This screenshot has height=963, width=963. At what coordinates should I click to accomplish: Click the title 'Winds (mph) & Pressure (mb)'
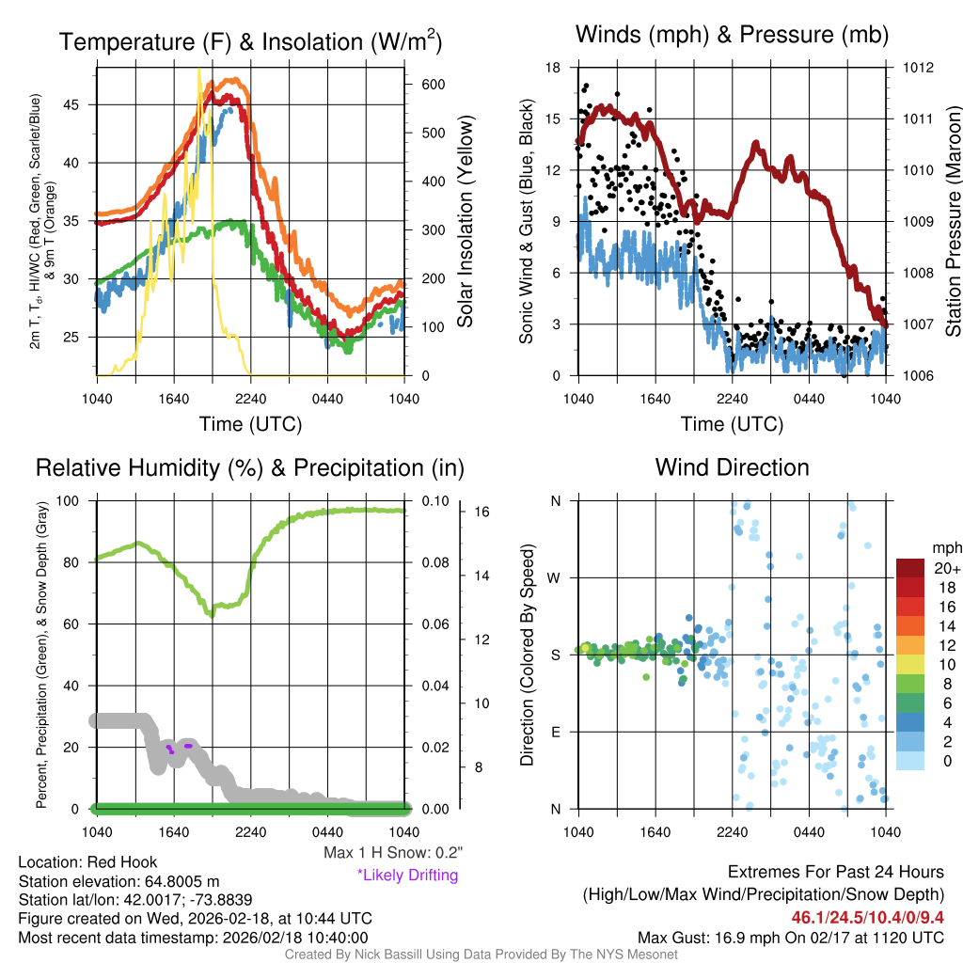[732, 36]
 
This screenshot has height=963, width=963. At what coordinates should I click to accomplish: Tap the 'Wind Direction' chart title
[732, 467]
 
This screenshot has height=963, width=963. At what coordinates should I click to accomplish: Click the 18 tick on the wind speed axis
[553, 68]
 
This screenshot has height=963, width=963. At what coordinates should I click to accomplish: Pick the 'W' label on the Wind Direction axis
[554, 577]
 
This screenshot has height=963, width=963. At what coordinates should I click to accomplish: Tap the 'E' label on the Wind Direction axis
[555, 732]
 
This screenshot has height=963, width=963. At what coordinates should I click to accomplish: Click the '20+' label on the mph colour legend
[947, 569]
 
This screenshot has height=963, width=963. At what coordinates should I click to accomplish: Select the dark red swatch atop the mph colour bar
[911, 568]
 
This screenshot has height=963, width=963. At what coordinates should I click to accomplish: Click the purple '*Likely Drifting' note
[407, 876]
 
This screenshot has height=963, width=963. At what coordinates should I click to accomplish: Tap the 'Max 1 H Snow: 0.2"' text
[393, 853]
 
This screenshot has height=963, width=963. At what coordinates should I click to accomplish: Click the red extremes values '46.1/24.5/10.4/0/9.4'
[867, 917]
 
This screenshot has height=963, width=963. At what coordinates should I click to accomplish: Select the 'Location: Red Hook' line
[87, 862]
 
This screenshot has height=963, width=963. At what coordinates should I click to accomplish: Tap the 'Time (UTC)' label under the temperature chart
[250, 424]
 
